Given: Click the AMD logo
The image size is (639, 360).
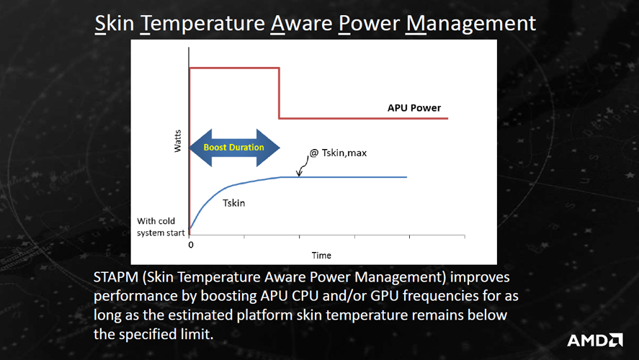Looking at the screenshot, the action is click(594, 340).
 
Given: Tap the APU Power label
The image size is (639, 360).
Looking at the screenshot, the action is click(414, 108).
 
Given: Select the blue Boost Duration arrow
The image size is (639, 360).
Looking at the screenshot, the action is click(234, 148).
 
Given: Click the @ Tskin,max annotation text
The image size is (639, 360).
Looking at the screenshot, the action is click(339, 153).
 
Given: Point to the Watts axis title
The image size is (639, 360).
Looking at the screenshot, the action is click(178, 141).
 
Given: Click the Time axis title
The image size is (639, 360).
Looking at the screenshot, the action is click(321, 256).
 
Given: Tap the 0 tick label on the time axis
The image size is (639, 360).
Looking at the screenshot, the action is click(191, 245).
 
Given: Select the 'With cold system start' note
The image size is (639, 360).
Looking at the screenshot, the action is click(161, 227).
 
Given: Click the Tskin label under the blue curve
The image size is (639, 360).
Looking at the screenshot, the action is click(234, 203).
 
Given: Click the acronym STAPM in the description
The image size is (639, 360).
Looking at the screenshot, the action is click(116, 277).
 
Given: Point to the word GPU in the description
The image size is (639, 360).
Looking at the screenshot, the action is click(384, 296).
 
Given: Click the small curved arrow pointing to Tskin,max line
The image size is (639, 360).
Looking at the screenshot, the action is click(303, 166).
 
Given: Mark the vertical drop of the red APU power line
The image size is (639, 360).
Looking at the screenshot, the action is click(279, 94).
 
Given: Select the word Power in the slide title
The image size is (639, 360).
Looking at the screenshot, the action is click(370, 24).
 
